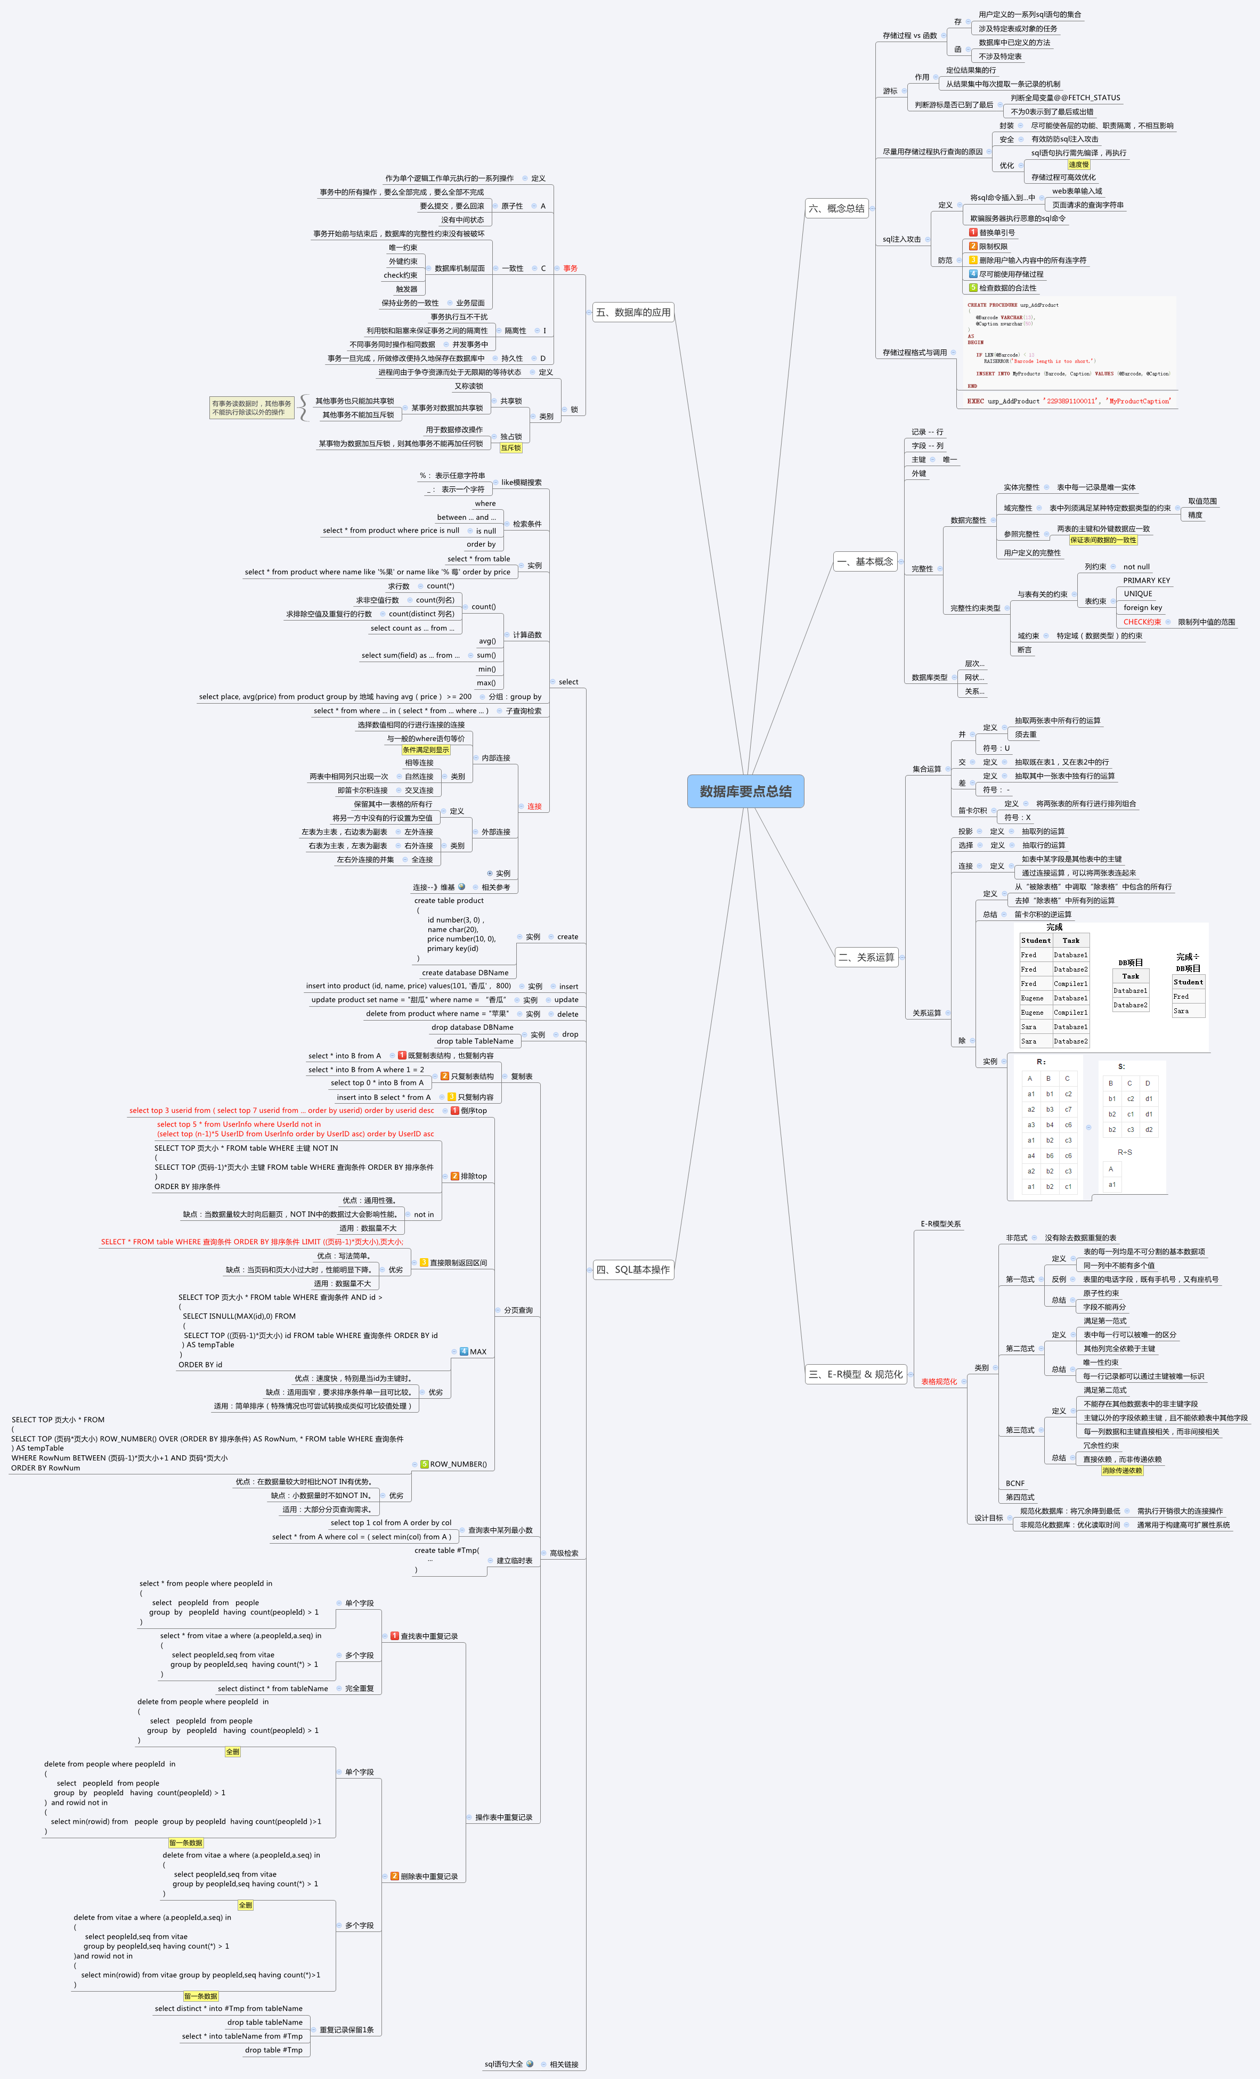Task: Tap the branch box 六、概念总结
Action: point(836,208)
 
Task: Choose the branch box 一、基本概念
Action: point(864,561)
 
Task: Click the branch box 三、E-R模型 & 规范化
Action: point(855,1374)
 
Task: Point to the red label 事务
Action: point(571,268)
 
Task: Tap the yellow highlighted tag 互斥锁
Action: point(510,448)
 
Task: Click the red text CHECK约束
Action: point(1142,622)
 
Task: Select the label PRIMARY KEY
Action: point(1146,581)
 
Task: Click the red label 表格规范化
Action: point(938,1381)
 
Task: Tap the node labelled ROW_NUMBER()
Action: point(458,1464)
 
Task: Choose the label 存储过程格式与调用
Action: point(914,353)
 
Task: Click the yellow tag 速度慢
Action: point(1078,165)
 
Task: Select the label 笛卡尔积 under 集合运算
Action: point(972,811)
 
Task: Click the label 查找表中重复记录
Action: point(429,1636)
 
